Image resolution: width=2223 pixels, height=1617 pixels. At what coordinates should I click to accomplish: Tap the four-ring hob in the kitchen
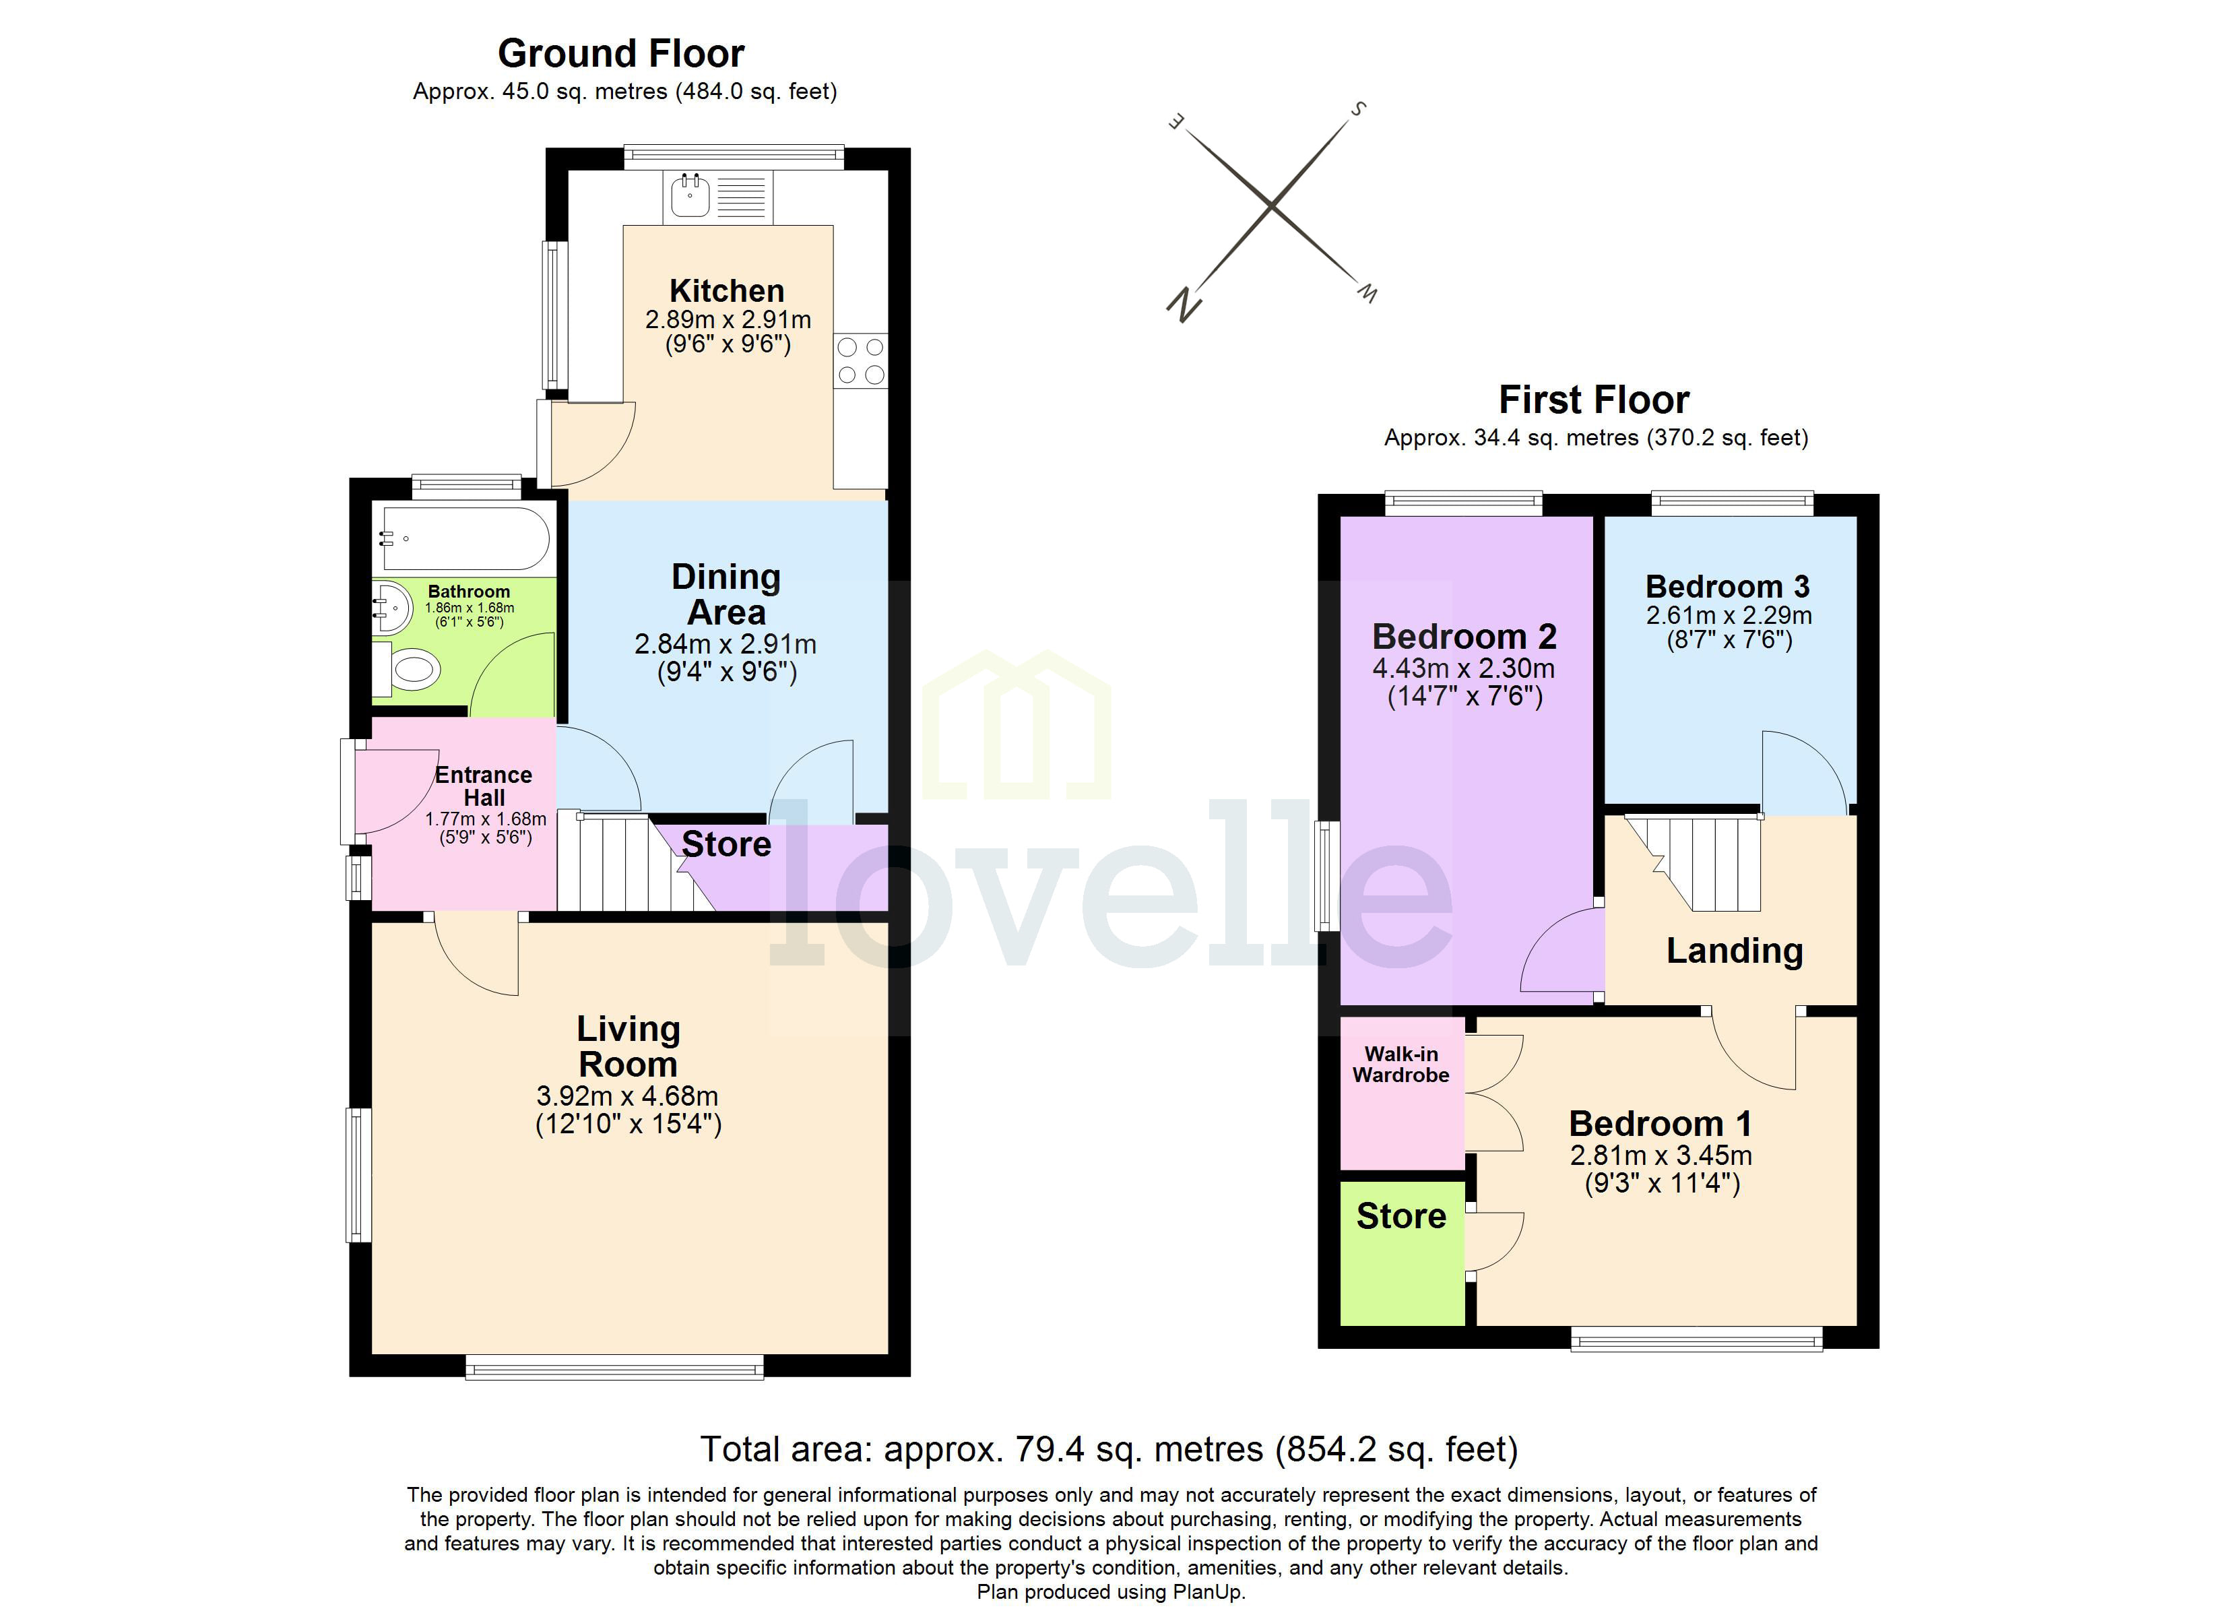click(x=861, y=361)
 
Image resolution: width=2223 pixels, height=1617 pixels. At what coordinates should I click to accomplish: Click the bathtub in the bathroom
click(x=465, y=538)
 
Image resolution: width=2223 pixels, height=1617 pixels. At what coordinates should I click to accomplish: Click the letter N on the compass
click(x=1184, y=305)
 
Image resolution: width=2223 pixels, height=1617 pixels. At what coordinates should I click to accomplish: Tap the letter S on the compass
click(x=1359, y=109)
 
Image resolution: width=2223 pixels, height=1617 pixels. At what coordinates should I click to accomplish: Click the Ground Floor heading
click(x=620, y=53)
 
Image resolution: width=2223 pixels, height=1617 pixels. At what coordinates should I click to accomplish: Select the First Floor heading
click(x=1594, y=400)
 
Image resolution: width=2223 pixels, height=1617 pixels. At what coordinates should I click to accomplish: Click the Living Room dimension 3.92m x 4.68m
click(x=627, y=1096)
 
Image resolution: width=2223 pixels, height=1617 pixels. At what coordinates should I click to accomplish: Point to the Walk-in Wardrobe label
click(x=1400, y=1064)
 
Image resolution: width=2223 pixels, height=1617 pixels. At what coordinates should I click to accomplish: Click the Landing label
click(x=1734, y=950)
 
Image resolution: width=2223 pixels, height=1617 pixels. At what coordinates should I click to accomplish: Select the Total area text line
click(x=1109, y=1449)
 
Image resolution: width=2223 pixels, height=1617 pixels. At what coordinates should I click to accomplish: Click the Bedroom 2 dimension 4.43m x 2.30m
click(x=1463, y=669)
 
